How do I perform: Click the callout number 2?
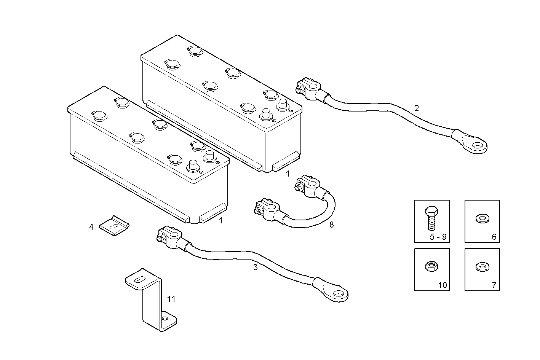pos(417,108)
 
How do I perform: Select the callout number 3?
pos(255,268)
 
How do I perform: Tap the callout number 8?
pos(331,225)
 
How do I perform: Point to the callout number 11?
pos(171,299)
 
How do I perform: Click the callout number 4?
pos(91,227)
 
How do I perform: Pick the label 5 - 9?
pos(438,237)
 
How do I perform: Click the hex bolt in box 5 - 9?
pos(431,218)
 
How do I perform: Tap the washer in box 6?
pos(482,219)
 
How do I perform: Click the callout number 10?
pos(443,285)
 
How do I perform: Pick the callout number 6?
pos(494,237)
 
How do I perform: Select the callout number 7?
pos(494,285)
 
